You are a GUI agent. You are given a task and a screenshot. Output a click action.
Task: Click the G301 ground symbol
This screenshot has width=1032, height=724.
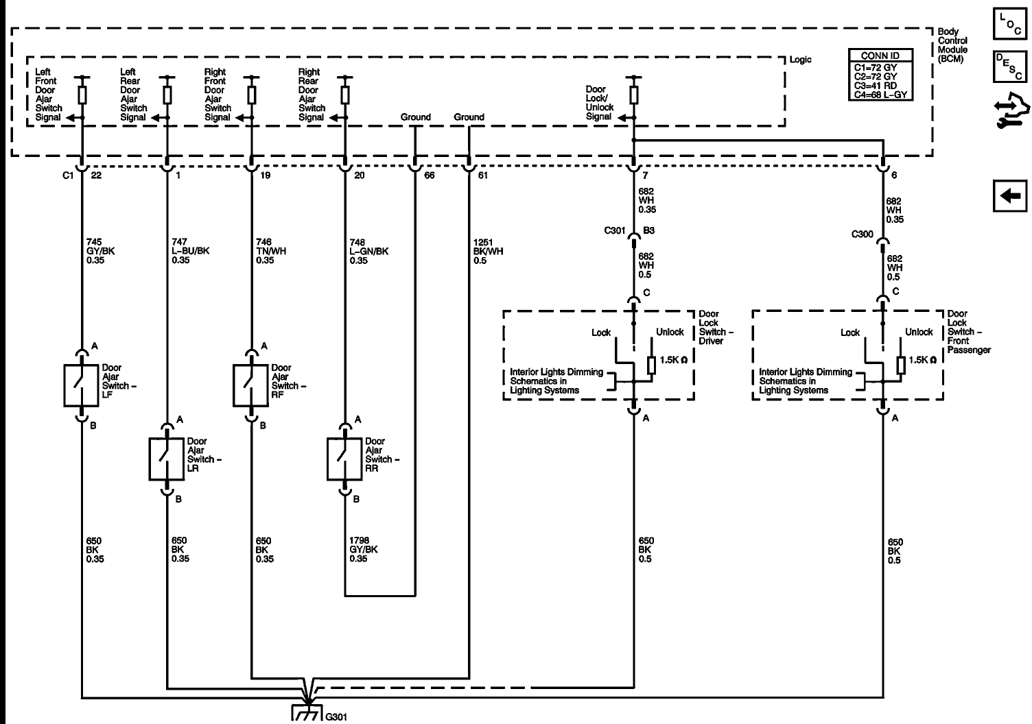click(x=306, y=713)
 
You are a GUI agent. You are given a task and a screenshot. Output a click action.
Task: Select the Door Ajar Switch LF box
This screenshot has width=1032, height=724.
click(x=81, y=386)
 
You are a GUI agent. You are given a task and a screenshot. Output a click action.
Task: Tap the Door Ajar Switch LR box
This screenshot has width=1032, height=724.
click(x=166, y=459)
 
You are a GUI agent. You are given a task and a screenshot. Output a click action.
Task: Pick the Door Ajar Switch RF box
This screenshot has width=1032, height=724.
click(x=250, y=386)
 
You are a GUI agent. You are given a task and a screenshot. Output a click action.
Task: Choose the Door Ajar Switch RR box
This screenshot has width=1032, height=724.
click(x=344, y=459)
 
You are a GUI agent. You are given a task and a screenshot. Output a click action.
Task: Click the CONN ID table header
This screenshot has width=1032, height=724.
click(x=880, y=56)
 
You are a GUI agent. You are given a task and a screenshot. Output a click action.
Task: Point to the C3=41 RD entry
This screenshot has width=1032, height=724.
click(x=876, y=86)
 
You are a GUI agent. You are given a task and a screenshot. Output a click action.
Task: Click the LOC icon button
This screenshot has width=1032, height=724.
click(x=1010, y=24)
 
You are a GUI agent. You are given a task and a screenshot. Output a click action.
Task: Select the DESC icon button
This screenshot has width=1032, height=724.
click(x=1010, y=67)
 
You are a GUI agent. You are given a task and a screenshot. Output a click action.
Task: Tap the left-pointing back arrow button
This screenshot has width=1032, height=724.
click(x=1010, y=196)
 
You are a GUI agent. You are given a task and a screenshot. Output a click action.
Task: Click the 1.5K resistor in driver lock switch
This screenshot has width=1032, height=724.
click(x=651, y=365)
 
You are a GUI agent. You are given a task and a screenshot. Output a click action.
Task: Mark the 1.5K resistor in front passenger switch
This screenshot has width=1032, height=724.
click(x=901, y=365)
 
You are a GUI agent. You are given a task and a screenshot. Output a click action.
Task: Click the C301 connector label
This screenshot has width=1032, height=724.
click(x=615, y=230)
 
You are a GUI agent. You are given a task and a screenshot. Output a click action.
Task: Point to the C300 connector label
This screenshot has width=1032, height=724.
click(x=862, y=234)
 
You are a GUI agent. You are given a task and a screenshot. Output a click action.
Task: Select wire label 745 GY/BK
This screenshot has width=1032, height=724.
click(x=100, y=251)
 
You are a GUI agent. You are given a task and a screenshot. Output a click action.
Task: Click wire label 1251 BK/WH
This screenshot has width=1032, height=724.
click(x=488, y=252)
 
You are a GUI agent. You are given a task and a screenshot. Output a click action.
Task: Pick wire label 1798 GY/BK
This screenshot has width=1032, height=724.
click(x=364, y=550)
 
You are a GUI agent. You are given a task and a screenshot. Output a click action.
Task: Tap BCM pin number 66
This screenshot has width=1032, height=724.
click(x=429, y=176)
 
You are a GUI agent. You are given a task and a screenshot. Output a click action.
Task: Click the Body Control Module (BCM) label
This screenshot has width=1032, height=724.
click(x=953, y=45)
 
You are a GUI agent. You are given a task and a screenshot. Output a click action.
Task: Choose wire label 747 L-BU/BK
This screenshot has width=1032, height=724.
click(x=190, y=251)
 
